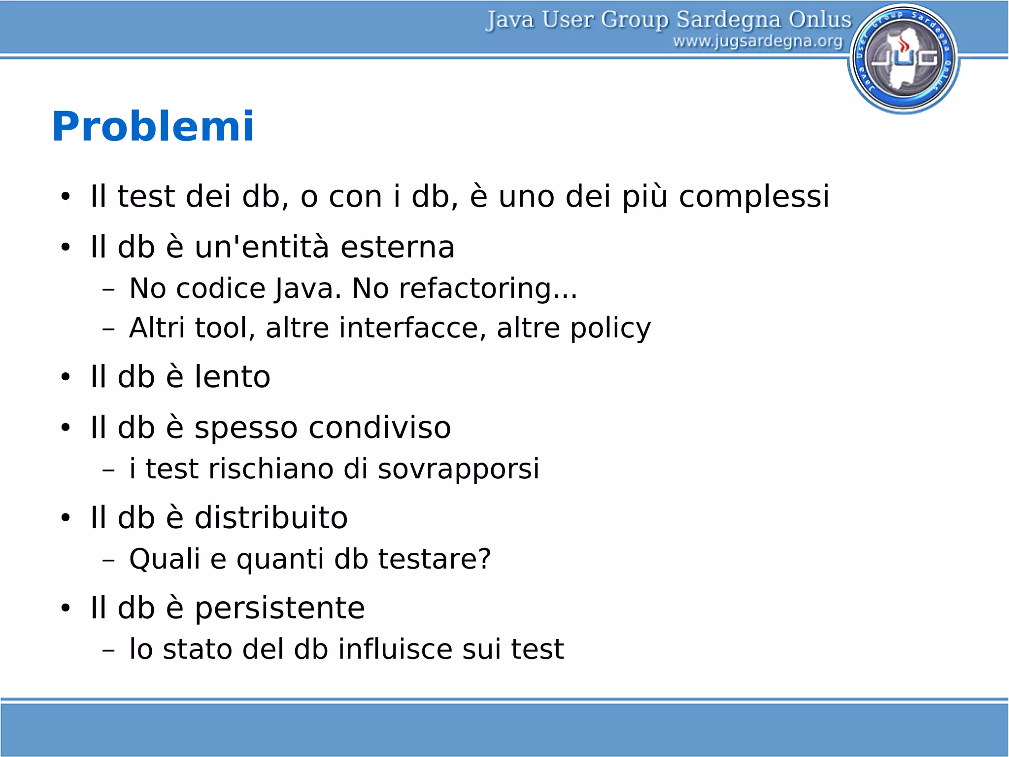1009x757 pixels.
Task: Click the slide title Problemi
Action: [x=153, y=127]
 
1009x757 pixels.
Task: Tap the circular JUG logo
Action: [x=904, y=59]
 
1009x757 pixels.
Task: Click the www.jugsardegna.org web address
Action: [x=758, y=41]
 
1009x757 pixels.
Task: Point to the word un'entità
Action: [x=262, y=247]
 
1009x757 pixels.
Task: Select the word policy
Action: [x=610, y=329]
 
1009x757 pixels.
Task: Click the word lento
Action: [x=232, y=377]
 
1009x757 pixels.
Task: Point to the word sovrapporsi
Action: [x=458, y=469]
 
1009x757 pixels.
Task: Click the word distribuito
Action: [x=271, y=518]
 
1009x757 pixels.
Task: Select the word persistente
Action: [x=279, y=608]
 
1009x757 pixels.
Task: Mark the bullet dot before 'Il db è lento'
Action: [x=66, y=378]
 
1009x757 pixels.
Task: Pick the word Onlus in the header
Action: [x=819, y=20]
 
